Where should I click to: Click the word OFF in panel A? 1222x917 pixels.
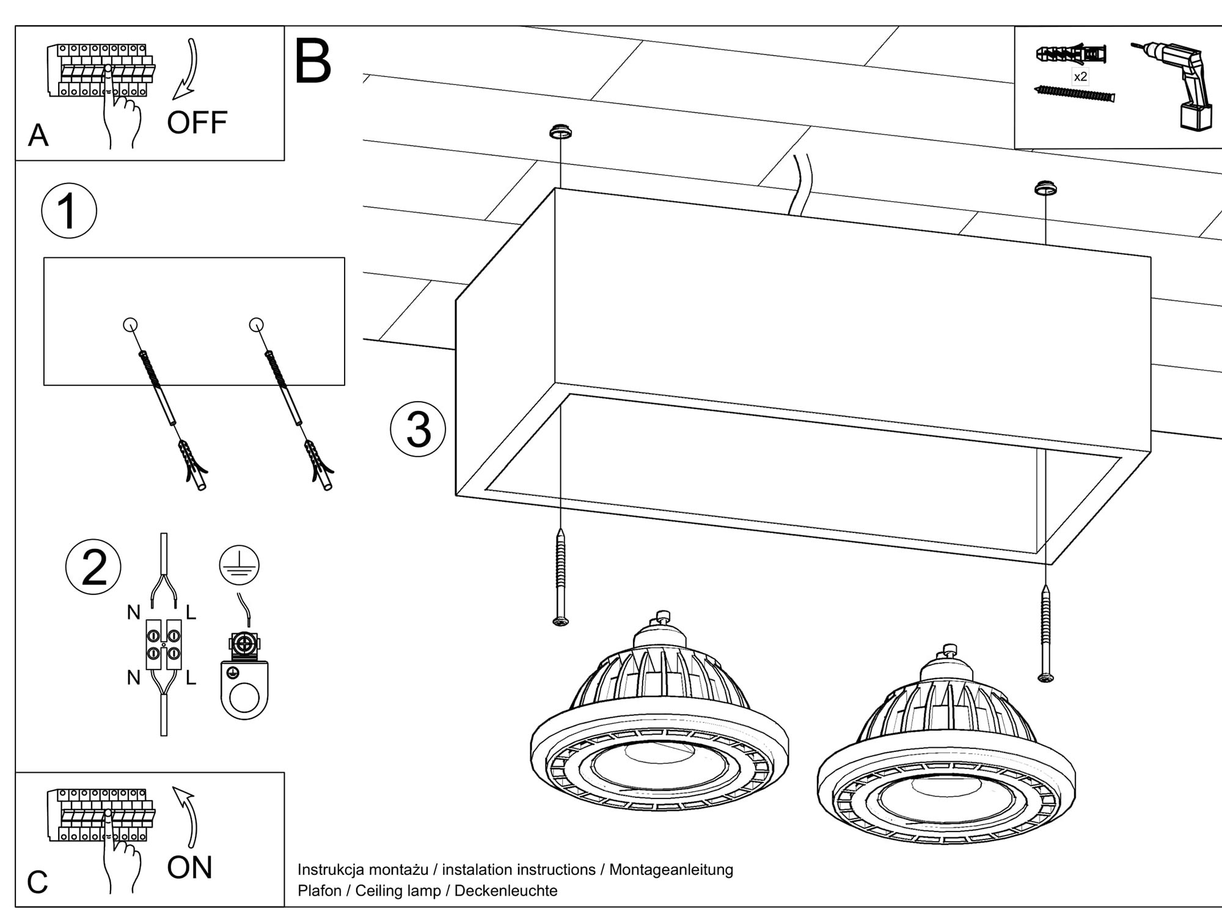[x=197, y=123]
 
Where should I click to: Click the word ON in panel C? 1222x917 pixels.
[x=189, y=867]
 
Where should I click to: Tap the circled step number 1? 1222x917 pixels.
[x=68, y=211]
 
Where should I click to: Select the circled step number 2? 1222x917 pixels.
[x=93, y=567]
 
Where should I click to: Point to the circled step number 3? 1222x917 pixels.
[x=418, y=429]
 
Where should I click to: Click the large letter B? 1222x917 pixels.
[x=313, y=62]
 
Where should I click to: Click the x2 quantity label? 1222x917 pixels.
[x=1080, y=77]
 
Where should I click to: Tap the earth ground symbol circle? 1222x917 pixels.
[x=240, y=565]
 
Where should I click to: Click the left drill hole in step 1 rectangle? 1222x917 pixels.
[x=130, y=325]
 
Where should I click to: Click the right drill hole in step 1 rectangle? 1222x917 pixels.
[x=257, y=325]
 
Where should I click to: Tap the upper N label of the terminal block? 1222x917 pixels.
[x=134, y=612]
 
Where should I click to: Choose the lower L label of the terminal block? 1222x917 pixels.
[x=191, y=678]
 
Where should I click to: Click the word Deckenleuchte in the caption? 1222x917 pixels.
[x=506, y=891]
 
